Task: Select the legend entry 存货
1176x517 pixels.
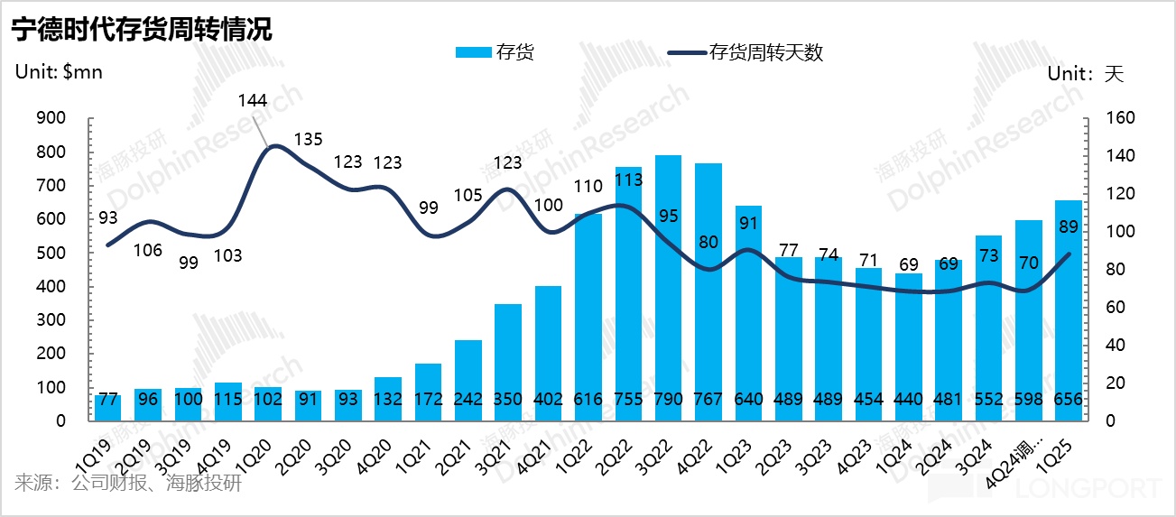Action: [x=496, y=52]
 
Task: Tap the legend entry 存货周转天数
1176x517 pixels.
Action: [x=745, y=52]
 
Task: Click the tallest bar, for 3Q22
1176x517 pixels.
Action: [x=668, y=289]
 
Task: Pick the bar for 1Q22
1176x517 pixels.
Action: [x=588, y=316]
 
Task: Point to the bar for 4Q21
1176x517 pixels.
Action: [x=548, y=352]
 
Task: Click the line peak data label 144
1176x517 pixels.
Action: [x=252, y=100]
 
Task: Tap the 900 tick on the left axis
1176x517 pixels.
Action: [x=53, y=119]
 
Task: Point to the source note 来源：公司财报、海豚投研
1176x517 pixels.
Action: [x=128, y=484]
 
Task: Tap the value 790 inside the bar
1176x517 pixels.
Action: [x=668, y=400]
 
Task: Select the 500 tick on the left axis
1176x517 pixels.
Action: [x=53, y=253]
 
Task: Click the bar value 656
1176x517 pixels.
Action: [x=1069, y=400]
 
